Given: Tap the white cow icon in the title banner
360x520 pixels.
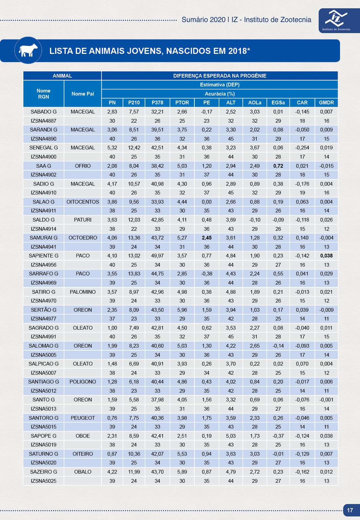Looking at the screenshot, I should coord(28,50).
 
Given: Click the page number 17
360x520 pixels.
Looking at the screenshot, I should coord(350,510).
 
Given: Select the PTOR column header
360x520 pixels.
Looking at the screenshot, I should coord(182,103).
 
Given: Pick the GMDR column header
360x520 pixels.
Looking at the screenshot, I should coord(326,103).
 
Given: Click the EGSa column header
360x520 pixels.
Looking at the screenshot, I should coord(278,103).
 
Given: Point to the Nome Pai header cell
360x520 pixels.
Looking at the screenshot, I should coord(83,94).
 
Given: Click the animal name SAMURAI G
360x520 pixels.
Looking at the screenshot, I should coord(44,238).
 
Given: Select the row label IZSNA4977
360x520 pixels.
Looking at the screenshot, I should coord(44,319).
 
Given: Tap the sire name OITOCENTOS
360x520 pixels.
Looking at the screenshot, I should coord(83,202).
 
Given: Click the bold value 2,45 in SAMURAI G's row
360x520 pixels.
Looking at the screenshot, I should coord(207,238).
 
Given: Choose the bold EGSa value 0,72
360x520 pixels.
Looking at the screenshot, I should coord(278,166).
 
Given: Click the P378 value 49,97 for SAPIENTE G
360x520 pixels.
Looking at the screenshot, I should coord(157,256).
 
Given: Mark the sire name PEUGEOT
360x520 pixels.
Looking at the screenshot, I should coord(83,418).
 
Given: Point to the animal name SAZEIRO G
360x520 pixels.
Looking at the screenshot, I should coord(44,472).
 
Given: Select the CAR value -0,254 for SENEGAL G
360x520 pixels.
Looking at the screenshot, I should coord(302,148).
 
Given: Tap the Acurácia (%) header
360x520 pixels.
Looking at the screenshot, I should coord(220,94).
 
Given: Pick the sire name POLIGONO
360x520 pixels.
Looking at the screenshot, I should coord(83,382).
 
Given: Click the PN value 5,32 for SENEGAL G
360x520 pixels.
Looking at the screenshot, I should coord(112,148).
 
